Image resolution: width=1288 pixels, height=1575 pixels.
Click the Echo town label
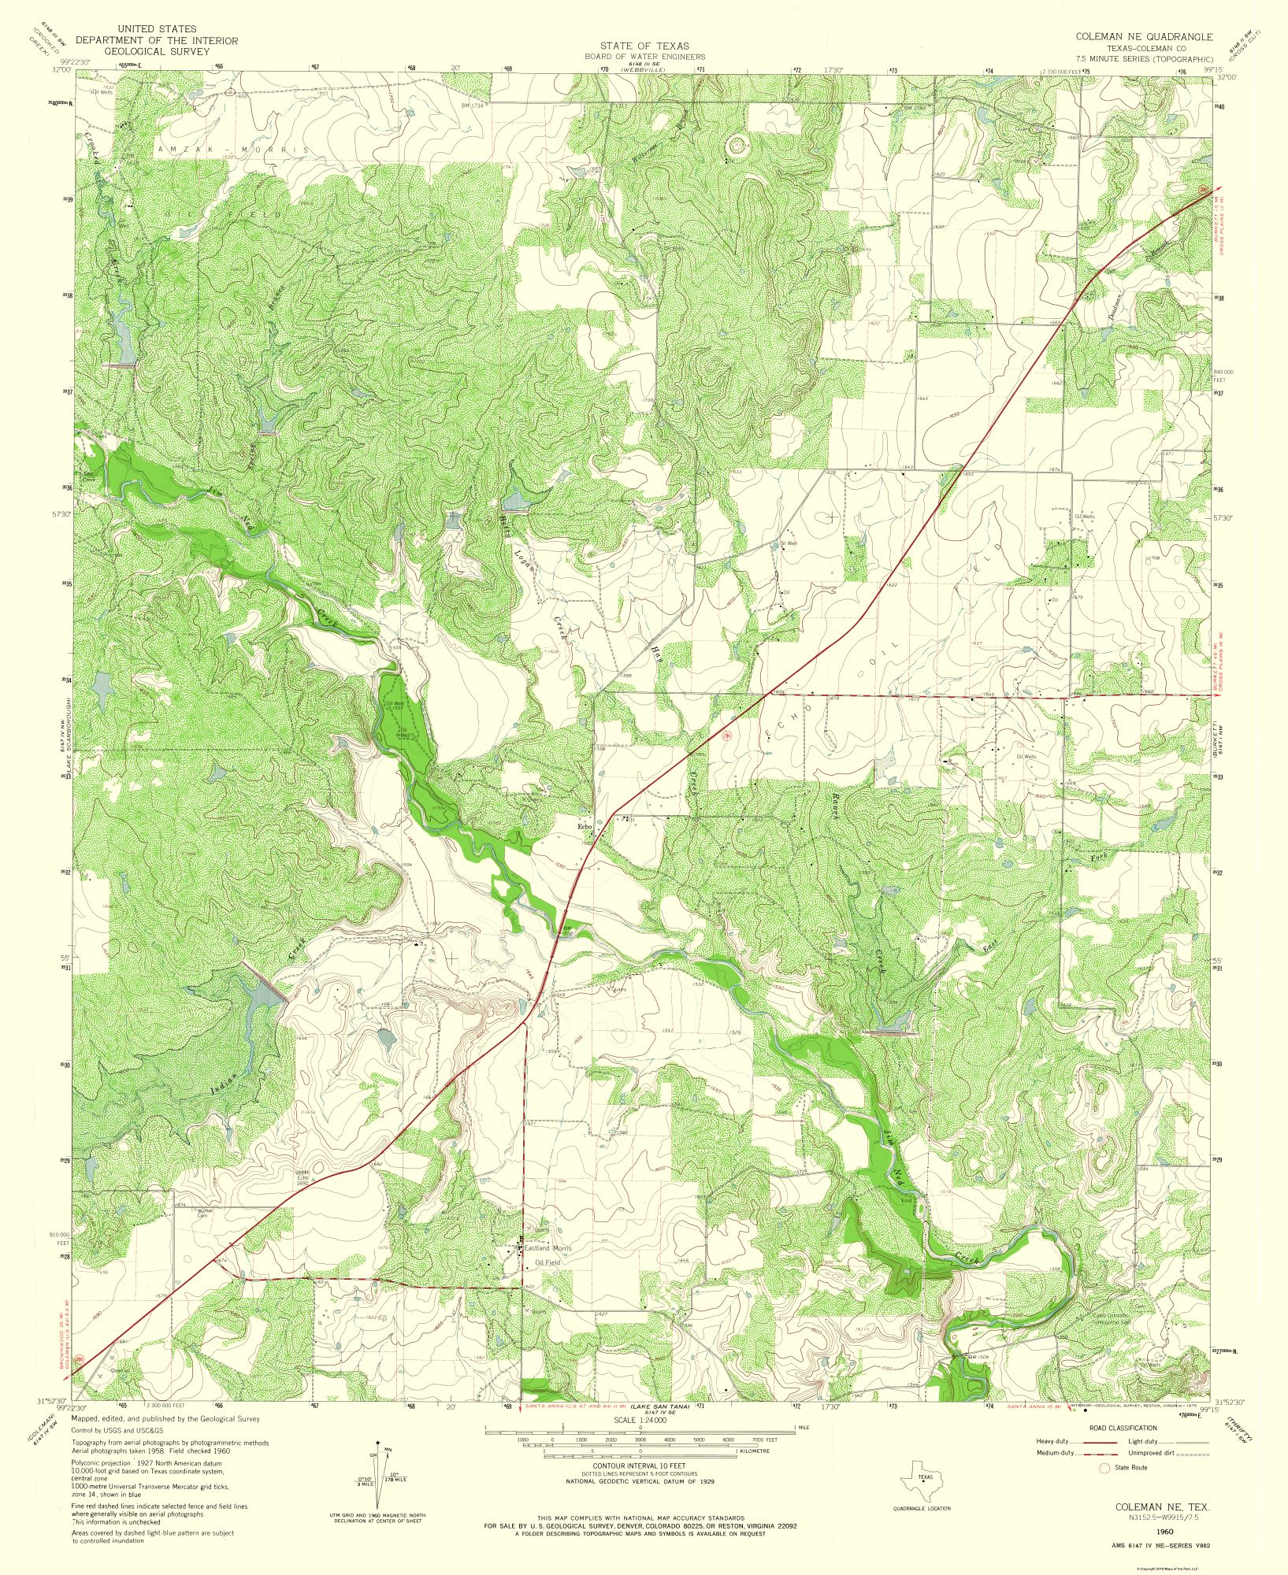(585, 826)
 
